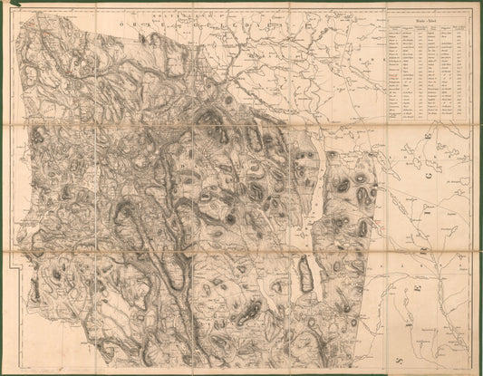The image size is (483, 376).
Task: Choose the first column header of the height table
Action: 394,26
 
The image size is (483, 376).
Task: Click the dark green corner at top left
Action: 4,4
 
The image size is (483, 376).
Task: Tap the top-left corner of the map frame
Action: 15,13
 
